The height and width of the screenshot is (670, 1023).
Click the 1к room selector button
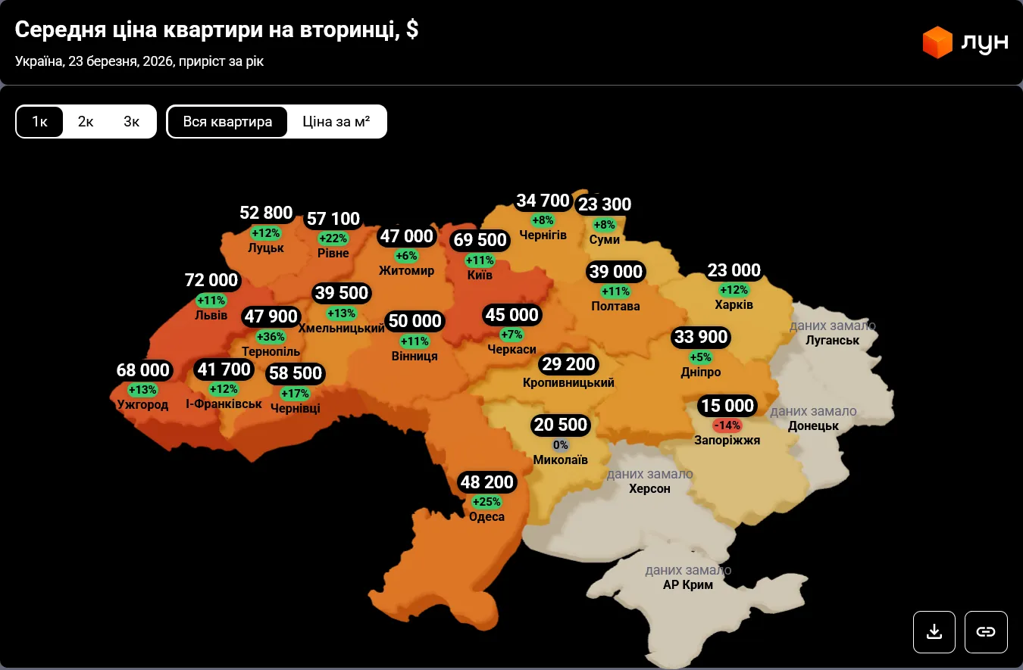coord(39,122)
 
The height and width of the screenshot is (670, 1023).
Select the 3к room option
coord(132,122)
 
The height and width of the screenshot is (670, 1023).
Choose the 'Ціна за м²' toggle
coord(336,122)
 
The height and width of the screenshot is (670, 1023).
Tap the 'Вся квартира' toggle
coord(227,122)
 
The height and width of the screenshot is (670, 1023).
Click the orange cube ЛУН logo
coord(937,42)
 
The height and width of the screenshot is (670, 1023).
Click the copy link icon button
coord(985,631)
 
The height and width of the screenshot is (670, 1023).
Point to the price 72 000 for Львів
coord(211,280)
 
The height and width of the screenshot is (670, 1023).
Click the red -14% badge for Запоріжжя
coord(727,425)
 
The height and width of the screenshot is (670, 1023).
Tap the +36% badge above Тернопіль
coord(271,337)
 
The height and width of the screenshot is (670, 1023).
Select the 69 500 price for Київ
coord(479,241)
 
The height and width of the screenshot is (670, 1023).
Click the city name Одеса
coord(486,517)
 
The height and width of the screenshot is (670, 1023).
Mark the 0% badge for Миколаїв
coord(561,445)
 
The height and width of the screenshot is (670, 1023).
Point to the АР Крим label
coord(688,584)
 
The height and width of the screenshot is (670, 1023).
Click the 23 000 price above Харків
coord(734,270)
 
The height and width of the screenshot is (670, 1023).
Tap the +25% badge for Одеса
coord(486,502)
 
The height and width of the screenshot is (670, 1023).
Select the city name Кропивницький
coord(568,383)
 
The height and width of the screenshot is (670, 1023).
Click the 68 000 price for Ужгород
coord(143,370)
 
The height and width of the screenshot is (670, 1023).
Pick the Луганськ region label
coord(833,340)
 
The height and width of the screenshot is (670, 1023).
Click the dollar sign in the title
coord(411,30)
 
